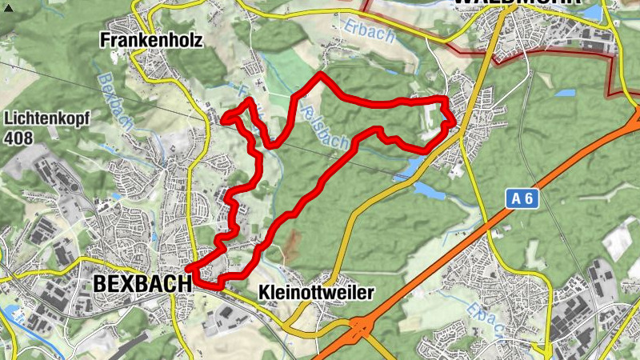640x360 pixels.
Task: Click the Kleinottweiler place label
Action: tap(317, 293)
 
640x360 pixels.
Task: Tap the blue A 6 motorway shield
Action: tap(521, 198)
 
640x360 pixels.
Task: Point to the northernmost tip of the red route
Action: tap(320, 74)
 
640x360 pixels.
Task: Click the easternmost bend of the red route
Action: tap(454, 122)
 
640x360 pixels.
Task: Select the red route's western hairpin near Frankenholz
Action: tap(224, 119)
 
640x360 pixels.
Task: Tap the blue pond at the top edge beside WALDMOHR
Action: tap(593, 13)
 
